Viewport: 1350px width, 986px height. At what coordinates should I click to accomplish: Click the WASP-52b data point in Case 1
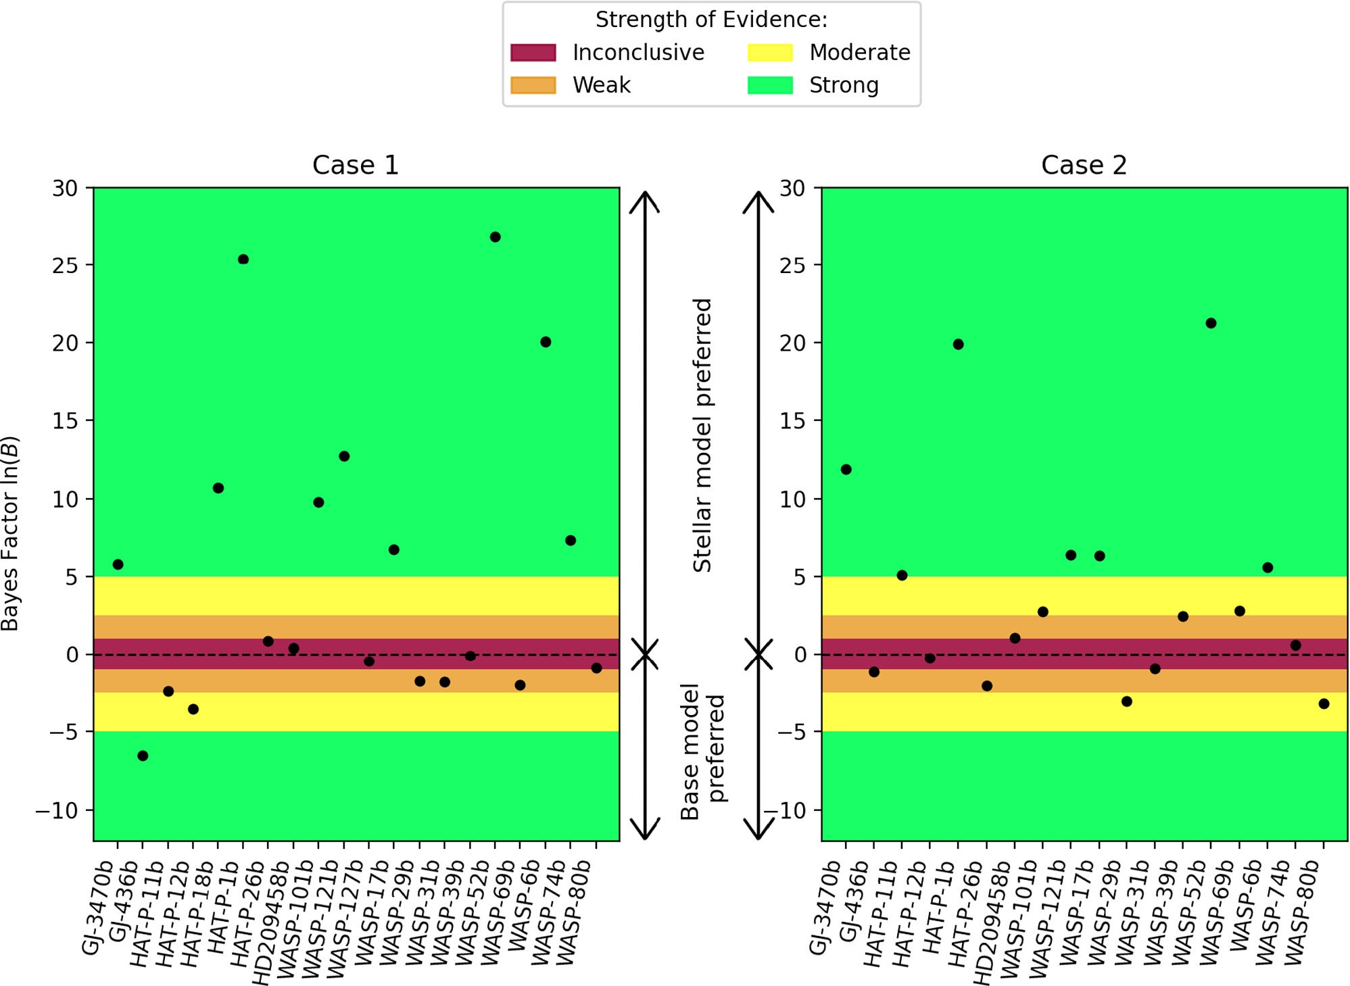[495, 237]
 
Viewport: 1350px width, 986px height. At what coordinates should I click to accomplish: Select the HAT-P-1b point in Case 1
[243, 260]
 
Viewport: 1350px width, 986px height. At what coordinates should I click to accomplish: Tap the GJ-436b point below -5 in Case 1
[143, 756]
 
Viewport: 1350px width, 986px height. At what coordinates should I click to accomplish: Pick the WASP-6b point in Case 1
[546, 342]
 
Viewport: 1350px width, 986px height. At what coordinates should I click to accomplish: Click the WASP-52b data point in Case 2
[1211, 323]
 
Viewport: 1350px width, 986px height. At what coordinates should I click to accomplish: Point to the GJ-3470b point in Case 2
[846, 470]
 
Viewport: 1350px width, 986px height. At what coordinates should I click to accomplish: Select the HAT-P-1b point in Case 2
[958, 345]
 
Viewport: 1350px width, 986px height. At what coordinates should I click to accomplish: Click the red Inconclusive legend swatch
[533, 53]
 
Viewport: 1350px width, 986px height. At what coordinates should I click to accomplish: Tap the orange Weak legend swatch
[533, 85]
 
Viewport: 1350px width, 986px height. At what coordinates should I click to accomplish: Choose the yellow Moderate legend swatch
[770, 53]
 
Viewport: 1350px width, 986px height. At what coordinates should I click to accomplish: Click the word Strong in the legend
[844, 85]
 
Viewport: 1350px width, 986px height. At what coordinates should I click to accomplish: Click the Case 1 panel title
[356, 165]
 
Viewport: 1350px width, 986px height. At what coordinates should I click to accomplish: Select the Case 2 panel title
[1084, 165]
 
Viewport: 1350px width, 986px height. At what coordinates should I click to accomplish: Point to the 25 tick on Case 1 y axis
[66, 266]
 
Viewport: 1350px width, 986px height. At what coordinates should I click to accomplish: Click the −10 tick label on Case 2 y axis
[784, 810]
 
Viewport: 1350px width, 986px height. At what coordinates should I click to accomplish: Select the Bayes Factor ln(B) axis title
[10, 534]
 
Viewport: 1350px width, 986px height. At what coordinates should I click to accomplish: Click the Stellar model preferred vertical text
[703, 435]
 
